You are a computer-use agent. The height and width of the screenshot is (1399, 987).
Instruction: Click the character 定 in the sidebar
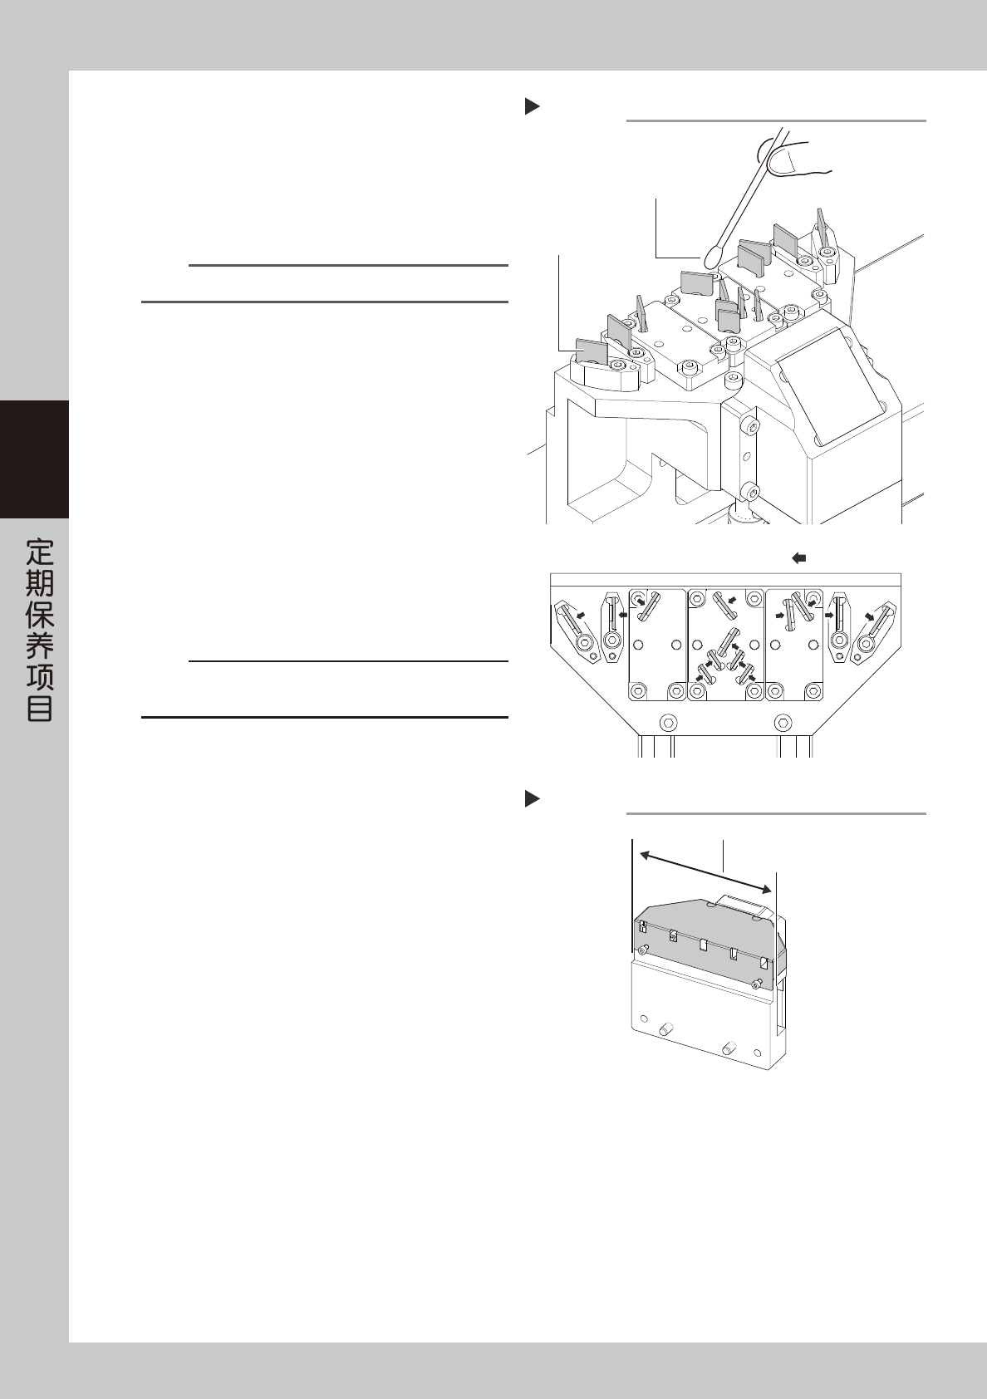(40, 552)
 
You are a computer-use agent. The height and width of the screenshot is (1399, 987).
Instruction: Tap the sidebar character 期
(40, 582)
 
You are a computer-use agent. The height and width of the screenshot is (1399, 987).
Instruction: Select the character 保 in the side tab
(40, 614)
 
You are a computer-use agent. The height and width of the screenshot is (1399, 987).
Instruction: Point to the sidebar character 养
(40, 646)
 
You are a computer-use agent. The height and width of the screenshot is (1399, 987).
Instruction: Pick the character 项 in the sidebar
(40, 676)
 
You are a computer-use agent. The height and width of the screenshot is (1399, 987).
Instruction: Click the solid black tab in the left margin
(34, 459)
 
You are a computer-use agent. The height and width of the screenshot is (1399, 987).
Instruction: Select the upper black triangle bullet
(532, 107)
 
